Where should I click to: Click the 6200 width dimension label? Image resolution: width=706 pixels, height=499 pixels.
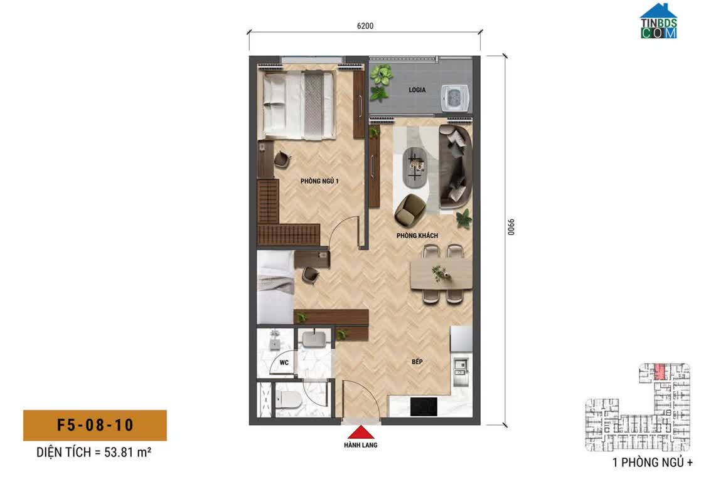pos(365,26)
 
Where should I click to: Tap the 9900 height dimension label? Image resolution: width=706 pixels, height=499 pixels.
pos(511,227)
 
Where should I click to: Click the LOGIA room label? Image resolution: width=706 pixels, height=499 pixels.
pos(417,90)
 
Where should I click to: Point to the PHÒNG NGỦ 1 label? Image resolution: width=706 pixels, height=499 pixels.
pos(319,181)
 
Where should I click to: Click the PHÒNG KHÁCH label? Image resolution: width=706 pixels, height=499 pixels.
pos(417,235)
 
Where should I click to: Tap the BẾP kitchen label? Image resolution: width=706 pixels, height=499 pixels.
pos(417,361)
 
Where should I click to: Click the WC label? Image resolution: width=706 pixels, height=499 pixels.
pos(284,363)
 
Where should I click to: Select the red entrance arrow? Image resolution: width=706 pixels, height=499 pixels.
pos(361,433)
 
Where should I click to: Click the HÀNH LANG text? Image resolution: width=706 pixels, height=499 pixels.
pos(361,445)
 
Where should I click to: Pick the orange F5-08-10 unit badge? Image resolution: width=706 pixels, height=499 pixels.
pos(95,425)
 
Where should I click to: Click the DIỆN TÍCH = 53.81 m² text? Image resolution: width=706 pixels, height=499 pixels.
pos(94,452)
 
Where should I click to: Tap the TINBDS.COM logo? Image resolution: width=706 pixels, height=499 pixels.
pos(659,21)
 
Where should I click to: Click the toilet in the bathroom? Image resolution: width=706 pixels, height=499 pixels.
pos(288,399)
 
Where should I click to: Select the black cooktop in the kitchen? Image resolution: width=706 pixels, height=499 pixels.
pos(424,407)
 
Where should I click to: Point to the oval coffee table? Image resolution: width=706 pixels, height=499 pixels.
pos(415,167)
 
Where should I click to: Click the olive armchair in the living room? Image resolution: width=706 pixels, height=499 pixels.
pos(410,209)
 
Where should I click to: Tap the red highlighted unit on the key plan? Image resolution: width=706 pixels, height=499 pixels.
pos(660,372)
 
